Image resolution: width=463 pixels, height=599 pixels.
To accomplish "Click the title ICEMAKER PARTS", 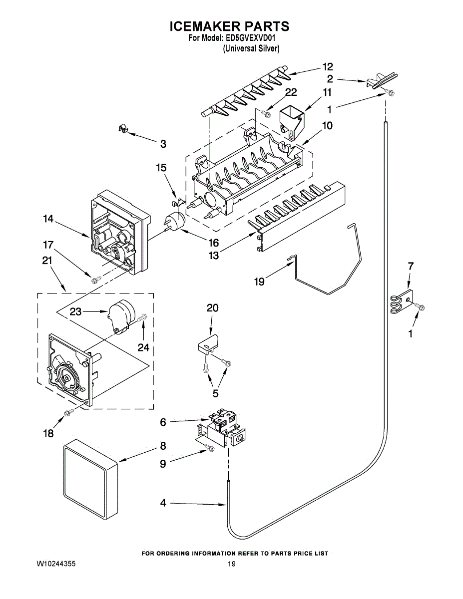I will point(230,26).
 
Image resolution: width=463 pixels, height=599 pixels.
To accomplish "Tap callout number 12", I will point(327,66).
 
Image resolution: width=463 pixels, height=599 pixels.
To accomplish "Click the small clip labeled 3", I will point(121,130).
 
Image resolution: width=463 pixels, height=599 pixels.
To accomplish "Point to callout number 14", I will point(48,219).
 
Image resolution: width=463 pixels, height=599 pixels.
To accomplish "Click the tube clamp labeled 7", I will point(401,302).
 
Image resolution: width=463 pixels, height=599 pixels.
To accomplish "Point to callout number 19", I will point(259,282).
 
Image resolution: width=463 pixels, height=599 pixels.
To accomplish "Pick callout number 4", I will point(163,503).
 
